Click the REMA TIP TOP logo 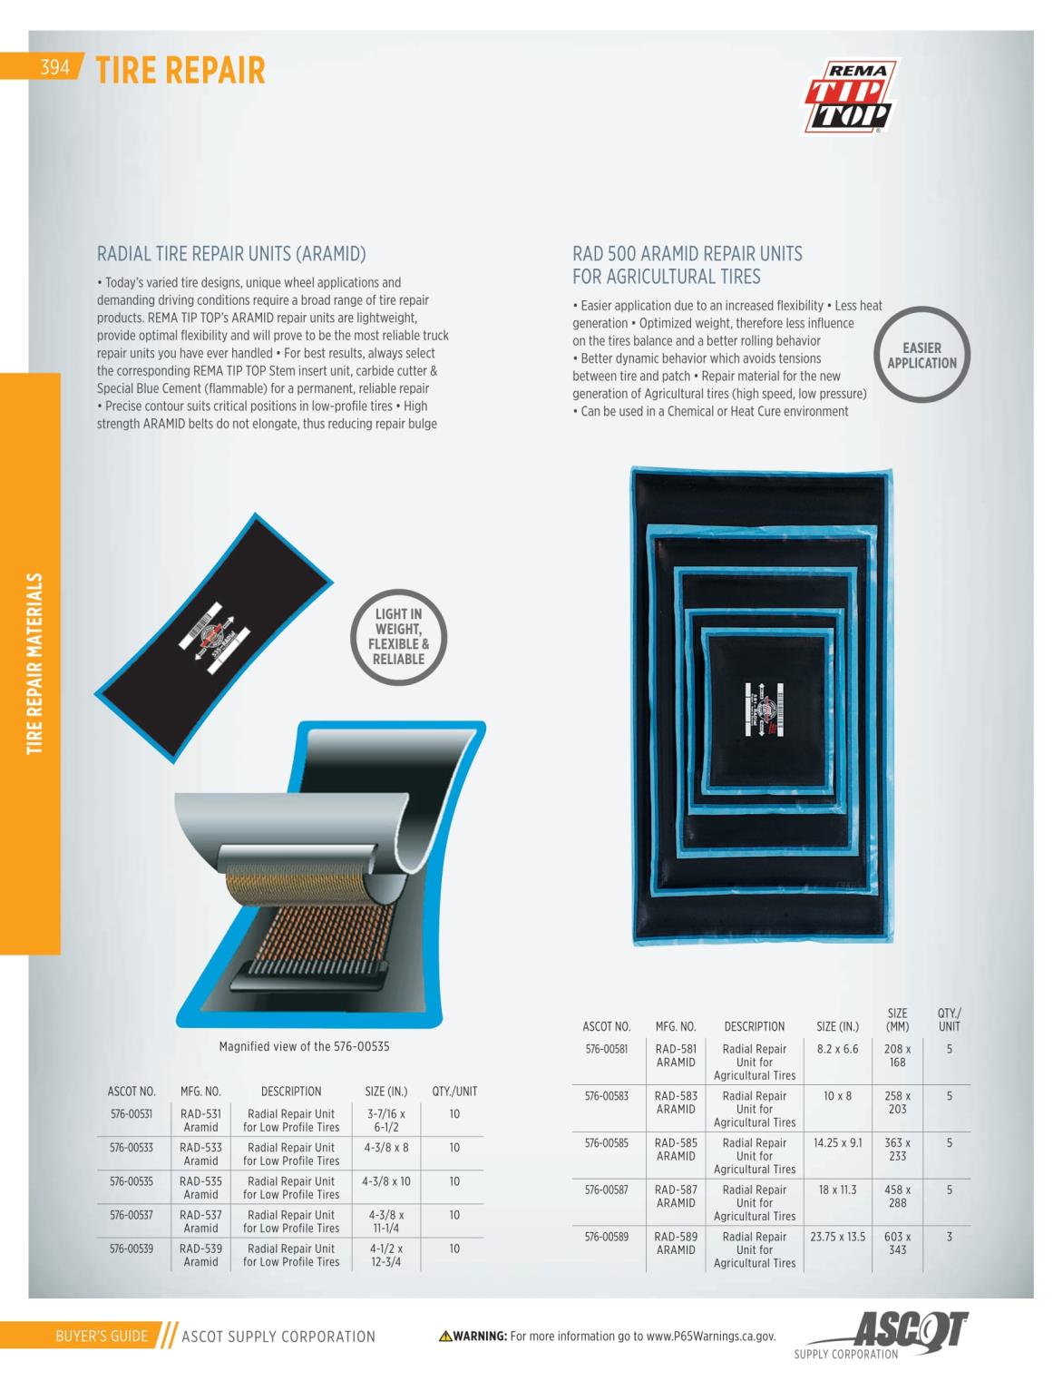tap(850, 96)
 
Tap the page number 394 tap(54, 67)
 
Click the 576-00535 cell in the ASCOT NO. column tap(131, 1180)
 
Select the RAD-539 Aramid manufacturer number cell tap(200, 1255)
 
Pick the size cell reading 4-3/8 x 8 tap(386, 1147)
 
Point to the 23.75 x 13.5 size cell tap(837, 1236)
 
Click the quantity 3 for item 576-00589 tap(949, 1236)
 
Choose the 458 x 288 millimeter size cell tap(897, 1195)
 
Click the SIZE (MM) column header tap(897, 1019)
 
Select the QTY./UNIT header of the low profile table tap(454, 1092)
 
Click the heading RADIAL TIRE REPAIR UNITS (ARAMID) tap(231, 253)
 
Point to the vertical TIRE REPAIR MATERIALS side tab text tap(34, 663)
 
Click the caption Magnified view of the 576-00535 tap(304, 1046)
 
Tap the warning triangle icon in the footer tap(445, 1336)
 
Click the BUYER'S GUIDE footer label tap(102, 1336)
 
